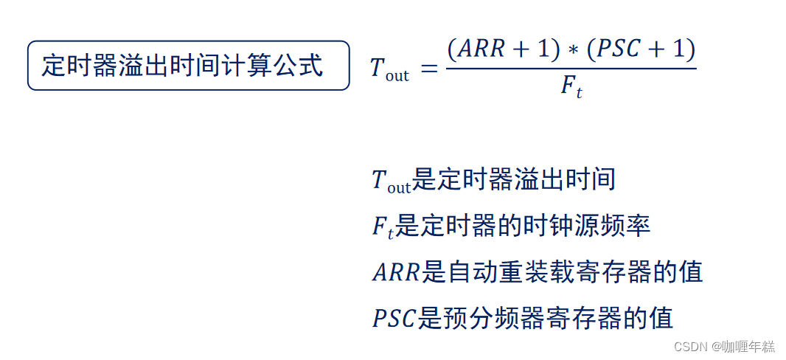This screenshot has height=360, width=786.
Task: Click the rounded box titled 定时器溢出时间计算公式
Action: [x=188, y=66]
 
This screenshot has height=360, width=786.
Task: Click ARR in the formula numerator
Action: [x=481, y=49]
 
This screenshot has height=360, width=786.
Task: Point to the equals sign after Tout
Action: [x=428, y=68]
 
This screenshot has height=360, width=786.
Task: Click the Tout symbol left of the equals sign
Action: [x=389, y=69]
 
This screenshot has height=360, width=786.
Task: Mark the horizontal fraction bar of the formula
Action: [x=571, y=69]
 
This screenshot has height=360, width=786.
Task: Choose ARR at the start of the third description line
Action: [x=395, y=273]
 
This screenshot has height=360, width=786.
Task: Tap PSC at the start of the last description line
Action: [x=394, y=319]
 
